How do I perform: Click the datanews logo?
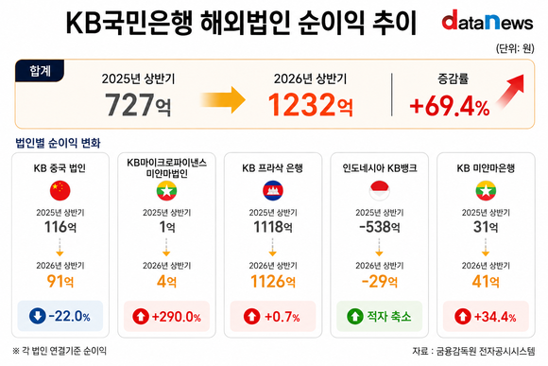(488, 20)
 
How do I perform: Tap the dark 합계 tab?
(40, 71)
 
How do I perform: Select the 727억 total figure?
(138, 104)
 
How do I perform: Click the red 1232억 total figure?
(310, 104)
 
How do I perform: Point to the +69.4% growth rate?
(450, 106)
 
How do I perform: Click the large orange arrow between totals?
(223, 100)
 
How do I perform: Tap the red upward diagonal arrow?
(510, 91)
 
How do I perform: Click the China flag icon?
(60, 191)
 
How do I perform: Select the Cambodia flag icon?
(273, 191)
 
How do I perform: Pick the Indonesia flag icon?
(379, 191)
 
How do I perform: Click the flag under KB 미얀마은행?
(486, 191)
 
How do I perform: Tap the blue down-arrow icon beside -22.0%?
(38, 316)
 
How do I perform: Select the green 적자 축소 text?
(388, 316)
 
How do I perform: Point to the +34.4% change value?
(495, 317)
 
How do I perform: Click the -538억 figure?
(380, 227)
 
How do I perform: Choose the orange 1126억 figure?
(273, 281)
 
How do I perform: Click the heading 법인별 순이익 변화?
(58, 143)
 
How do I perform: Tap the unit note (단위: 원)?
(515, 48)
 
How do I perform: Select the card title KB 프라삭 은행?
(272, 168)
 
